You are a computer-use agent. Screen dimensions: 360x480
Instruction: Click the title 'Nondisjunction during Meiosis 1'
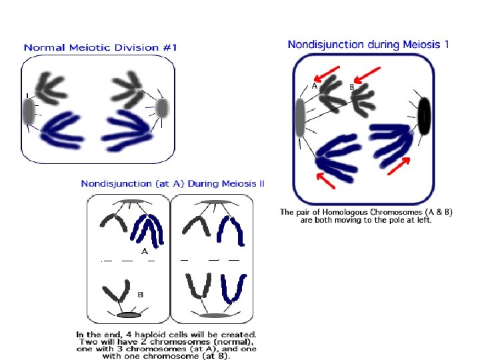point(368,45)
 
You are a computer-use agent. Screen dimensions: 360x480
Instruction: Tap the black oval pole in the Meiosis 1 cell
point(424,115)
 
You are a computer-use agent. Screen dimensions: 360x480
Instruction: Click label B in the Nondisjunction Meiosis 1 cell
point(351,87)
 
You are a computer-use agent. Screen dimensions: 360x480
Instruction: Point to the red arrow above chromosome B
point(368,73)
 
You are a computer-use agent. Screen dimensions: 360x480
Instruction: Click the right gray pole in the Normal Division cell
point(161,107)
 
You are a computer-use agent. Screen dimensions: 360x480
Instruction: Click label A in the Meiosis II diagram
point(144,251)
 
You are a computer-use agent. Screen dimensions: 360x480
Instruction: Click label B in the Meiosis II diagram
point(141,294)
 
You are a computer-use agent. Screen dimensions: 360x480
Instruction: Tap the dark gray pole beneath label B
point(129,315)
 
